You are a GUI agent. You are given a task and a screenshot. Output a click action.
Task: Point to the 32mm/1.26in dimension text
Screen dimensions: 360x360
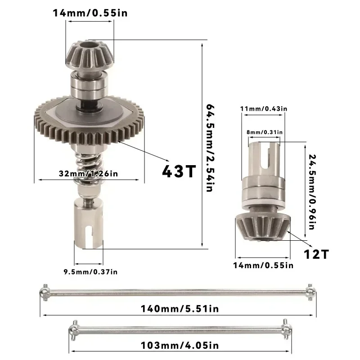[88, 173]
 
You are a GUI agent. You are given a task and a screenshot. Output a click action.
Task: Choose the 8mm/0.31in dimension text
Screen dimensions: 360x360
[264, 132]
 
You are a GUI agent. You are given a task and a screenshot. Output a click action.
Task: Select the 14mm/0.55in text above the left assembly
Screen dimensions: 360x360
[90, 13]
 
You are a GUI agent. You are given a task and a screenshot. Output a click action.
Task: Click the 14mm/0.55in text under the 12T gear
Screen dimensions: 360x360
[264, 265]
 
